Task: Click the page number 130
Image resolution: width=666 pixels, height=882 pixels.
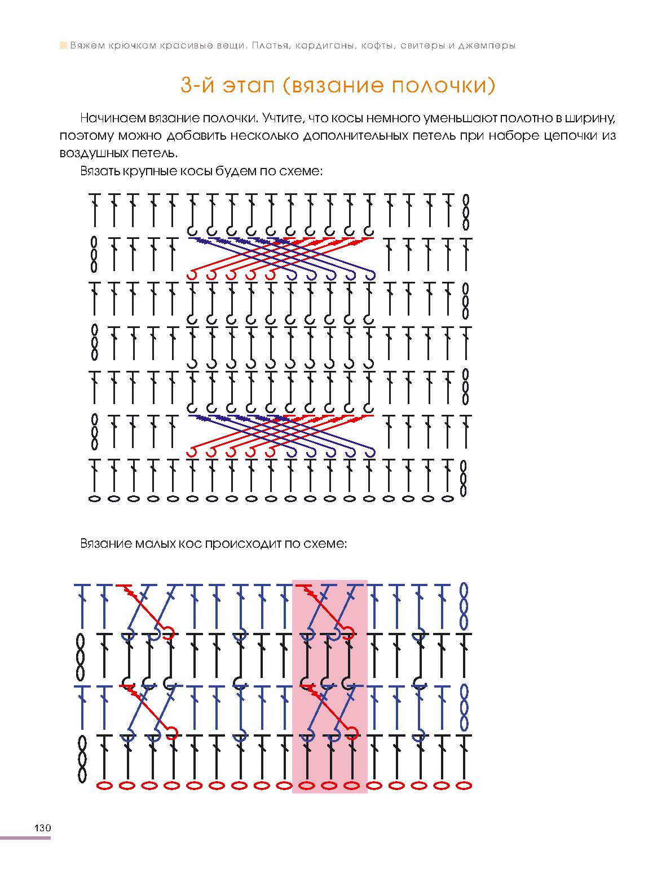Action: pos(42,828)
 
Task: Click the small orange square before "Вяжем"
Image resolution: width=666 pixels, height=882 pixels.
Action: pos(63,45)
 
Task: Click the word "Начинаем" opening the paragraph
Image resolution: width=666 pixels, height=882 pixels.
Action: pos(113,118)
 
